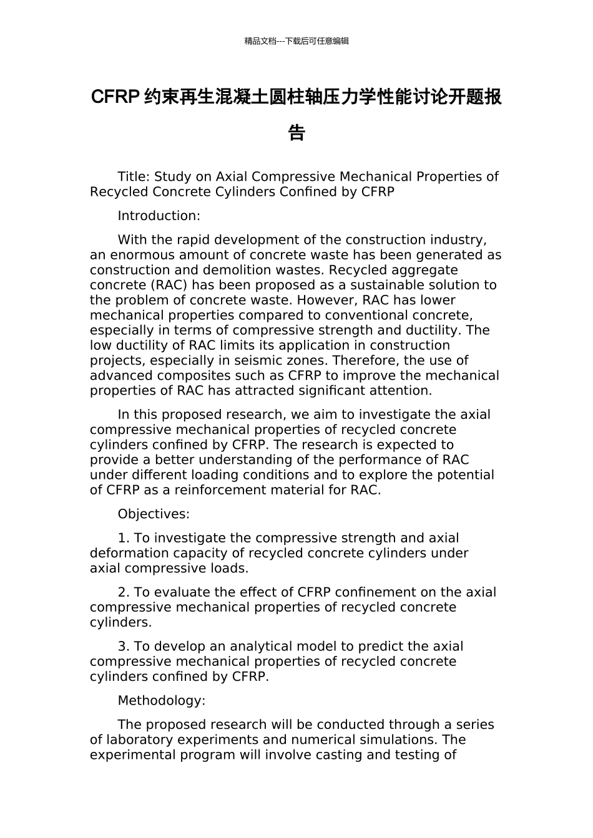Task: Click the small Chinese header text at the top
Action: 296,41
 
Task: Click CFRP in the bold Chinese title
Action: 114,97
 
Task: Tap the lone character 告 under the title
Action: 296,133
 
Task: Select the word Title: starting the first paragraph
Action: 134,177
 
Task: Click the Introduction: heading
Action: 159,216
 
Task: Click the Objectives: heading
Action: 154,514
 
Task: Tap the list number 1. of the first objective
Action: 124,538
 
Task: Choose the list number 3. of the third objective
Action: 124,647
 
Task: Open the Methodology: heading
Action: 161,701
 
